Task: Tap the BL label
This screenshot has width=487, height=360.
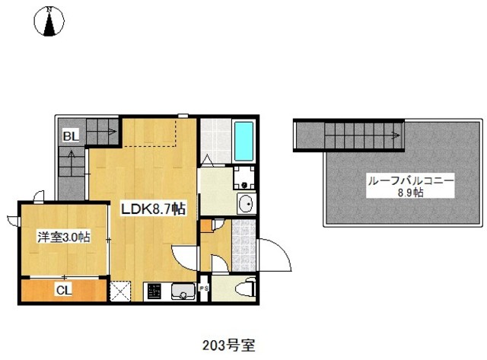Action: pos(71,137)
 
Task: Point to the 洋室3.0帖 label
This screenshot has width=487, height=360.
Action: pos(64,237)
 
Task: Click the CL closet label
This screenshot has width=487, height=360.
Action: pos(64,290)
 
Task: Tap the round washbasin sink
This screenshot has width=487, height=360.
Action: pos(245,204)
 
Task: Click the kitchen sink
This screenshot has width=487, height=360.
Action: pos(183,292)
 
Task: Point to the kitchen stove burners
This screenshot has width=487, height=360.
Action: pos(153,292)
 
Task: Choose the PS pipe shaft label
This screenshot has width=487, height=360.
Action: pos(203,289)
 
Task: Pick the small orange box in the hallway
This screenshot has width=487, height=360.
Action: pos(206,225)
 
